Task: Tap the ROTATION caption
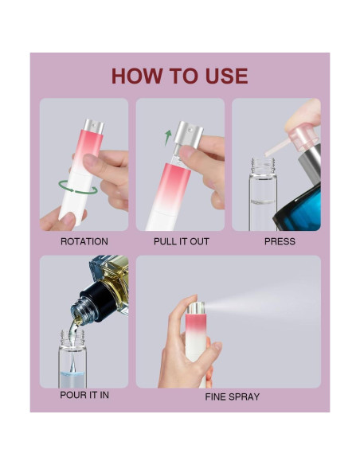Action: click(x=84, y=241)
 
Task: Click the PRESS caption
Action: click(x=280, y=241)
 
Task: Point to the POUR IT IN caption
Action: click(x=84, y=394)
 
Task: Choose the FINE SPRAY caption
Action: click(x=232, y=397)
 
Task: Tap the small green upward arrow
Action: click(x=167, y=137)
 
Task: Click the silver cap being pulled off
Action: click(x=189, y=135)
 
